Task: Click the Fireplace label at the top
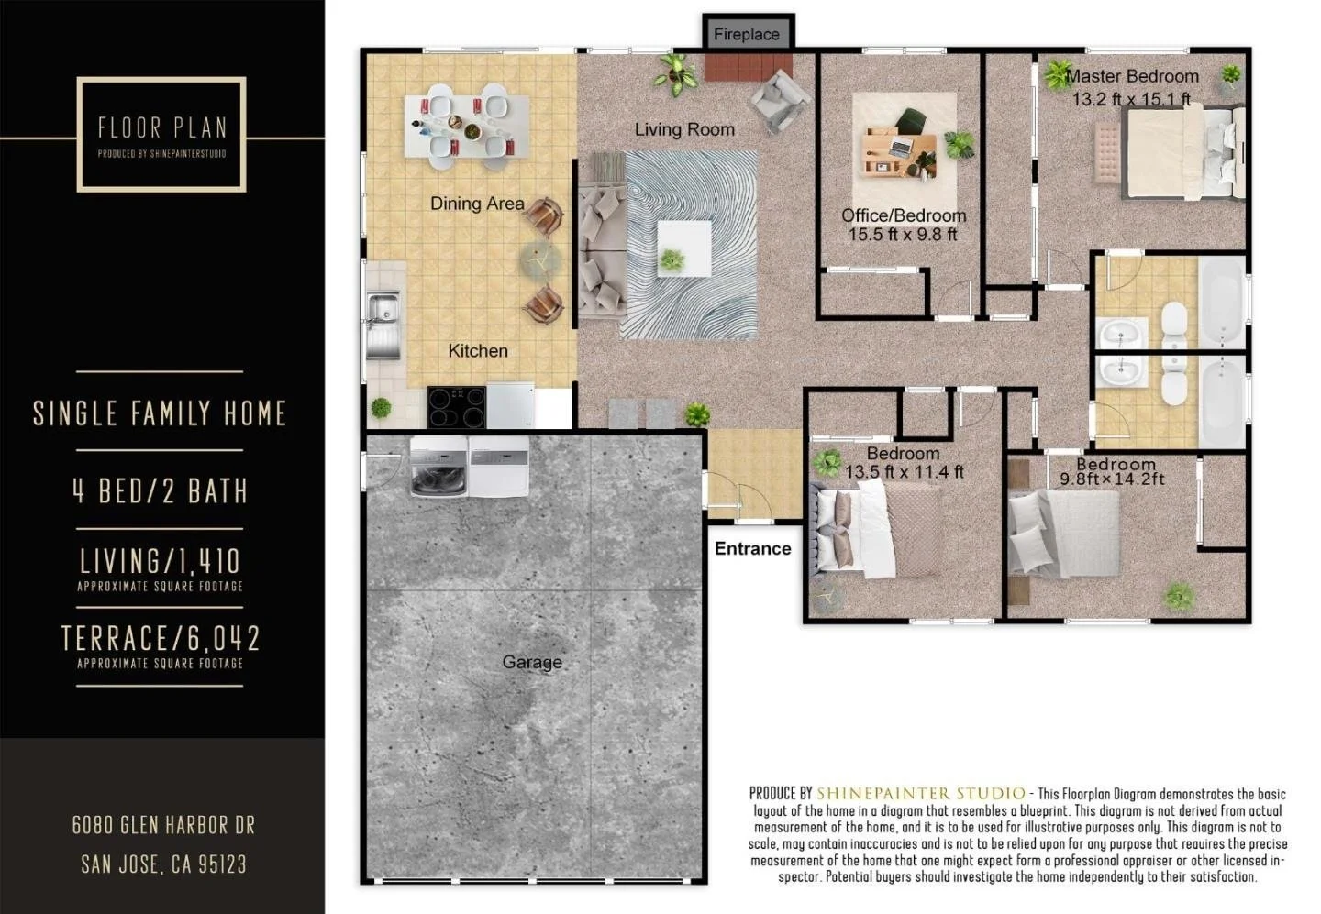746,35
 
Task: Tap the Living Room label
684,130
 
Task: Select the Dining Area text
477,204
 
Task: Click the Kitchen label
477,351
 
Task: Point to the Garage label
532,662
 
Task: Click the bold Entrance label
752,548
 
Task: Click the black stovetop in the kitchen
456,407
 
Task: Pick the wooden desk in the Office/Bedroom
900,150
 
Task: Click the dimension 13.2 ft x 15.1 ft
1131,99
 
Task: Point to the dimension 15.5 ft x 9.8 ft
903,235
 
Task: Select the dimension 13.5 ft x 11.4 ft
904,473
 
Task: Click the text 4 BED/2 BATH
161,491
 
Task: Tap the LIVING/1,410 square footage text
161,561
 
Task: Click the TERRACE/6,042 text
161,638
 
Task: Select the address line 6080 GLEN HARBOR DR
163,825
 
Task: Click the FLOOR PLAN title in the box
161,127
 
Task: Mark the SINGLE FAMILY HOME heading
161,413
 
